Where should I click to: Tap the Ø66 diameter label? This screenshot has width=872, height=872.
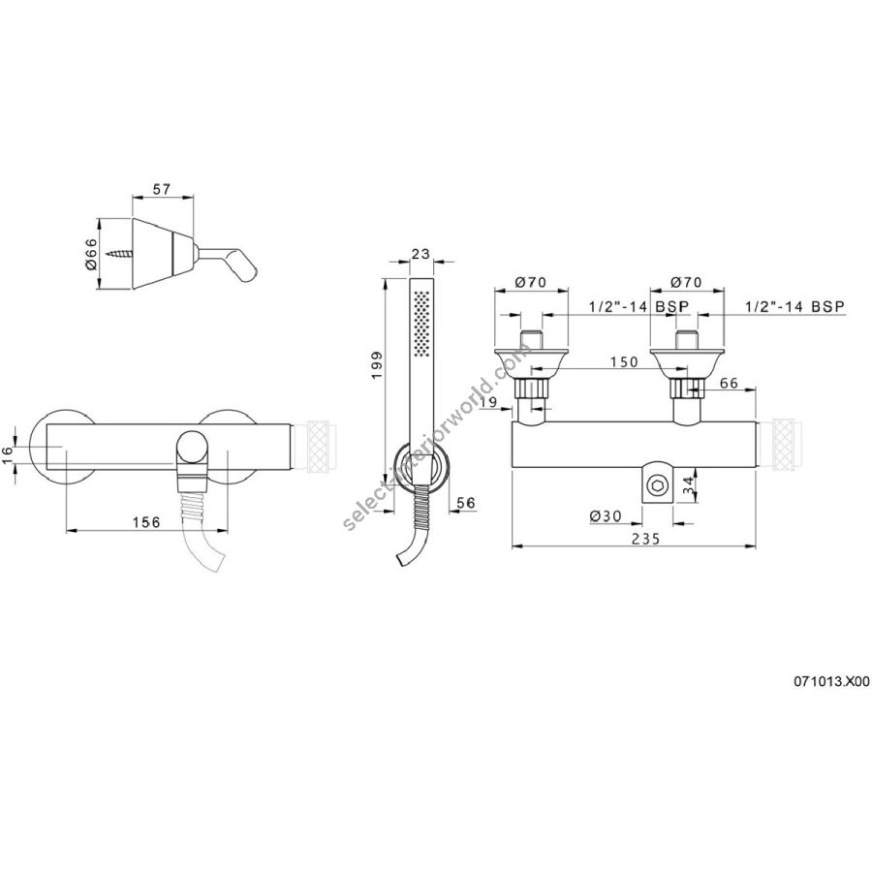click(x=92, y=254)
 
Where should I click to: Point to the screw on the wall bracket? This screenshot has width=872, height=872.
click(x=121, y=255)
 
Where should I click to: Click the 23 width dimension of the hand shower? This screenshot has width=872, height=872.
click(x=421, y=254)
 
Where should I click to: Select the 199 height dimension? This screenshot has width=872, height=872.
click(x=377, y=365)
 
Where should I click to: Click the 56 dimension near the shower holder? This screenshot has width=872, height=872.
click(x=466, y=503)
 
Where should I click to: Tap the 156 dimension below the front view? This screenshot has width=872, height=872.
click(x=146, y=522)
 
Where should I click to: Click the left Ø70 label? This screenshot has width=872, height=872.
click(x=531, y=283)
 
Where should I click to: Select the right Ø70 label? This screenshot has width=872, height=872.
click(x=686, y=283)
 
